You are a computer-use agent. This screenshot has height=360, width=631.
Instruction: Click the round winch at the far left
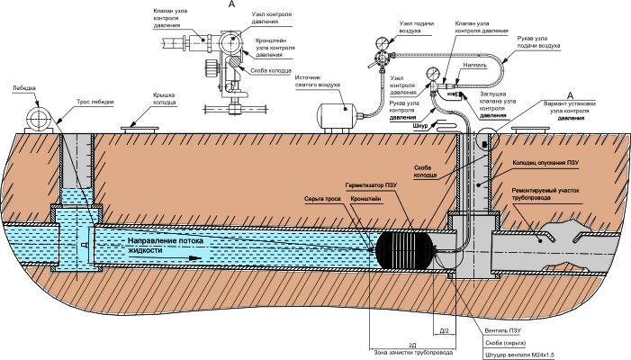coord(37,118)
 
